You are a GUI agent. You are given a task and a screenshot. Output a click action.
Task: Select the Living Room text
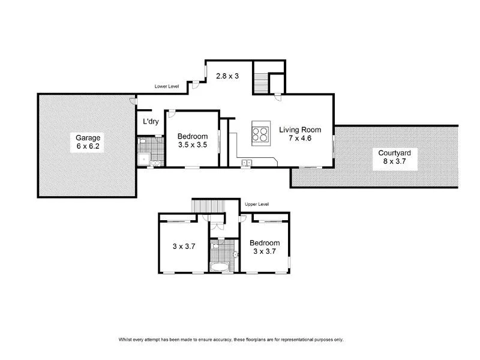(x=299, y=130)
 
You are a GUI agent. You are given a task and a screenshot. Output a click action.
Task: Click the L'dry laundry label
(x=149, y=122)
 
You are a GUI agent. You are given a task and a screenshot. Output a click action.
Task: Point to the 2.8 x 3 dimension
(x=227, y=76)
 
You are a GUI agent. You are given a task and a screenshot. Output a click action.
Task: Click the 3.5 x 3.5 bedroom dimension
(x=193, y=145)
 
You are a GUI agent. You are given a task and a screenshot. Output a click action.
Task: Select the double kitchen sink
(x=246, y=162)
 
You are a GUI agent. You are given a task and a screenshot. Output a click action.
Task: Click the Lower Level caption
(x=167, y=87)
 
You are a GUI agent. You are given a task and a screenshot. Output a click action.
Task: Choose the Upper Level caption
(x=257, y=204)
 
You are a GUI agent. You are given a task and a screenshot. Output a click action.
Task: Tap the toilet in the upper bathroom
(x=217, y=246)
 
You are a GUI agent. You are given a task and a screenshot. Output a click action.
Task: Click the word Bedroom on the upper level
(x=264, y=243)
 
